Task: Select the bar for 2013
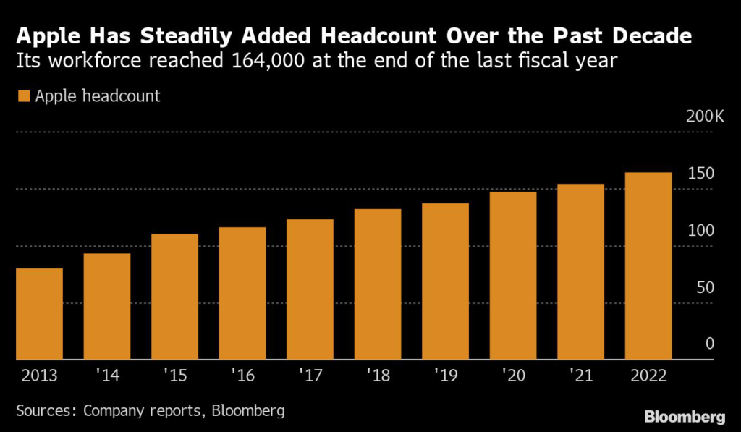(39, 314)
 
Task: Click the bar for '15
(174, 297)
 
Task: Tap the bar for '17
(310, 289)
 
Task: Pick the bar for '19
(445, 281)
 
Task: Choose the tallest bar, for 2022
(648, 266)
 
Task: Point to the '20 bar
(513, 276)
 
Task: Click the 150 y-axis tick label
(702, 174)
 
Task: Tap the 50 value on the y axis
(706, 288)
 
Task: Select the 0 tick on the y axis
(710, 344)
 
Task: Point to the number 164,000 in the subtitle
(263, 61)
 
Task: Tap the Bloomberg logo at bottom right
(684, 416)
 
